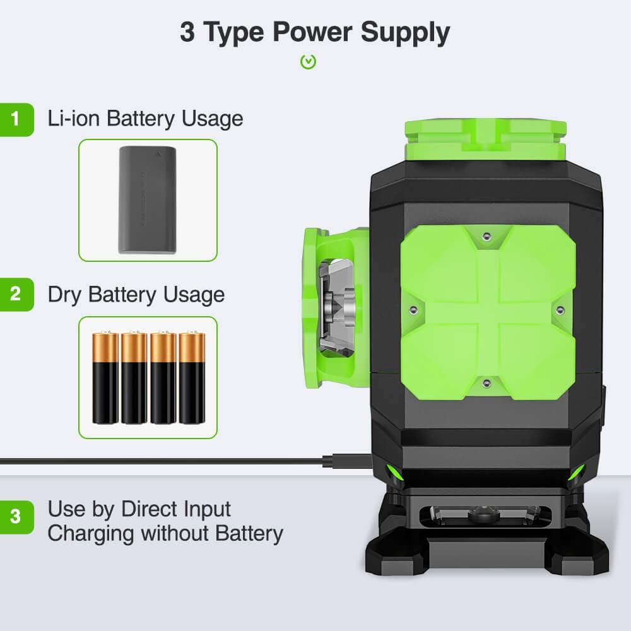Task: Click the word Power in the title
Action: [312, 32]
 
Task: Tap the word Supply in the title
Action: [405, 33]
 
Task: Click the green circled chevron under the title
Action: [309, 62]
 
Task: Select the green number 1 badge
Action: [16, 119]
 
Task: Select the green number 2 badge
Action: [16, 294]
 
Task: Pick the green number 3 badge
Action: [16, 517]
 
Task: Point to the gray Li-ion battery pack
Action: [148, 200]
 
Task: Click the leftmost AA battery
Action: [105, 377]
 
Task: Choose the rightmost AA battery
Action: [192, 377]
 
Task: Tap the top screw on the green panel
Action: [487, 236]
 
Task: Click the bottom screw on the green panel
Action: [487, 383]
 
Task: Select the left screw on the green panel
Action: [413, 310]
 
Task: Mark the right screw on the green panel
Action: [560, 310]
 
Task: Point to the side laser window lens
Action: [337, 309]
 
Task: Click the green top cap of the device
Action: [486, 139]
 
